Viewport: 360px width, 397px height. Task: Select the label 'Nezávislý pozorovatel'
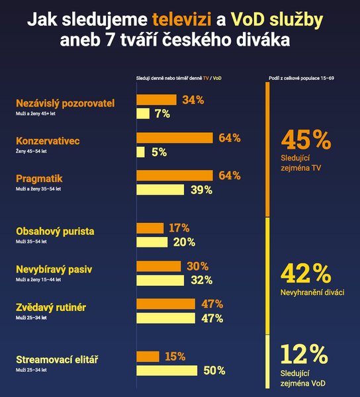click(65, 103)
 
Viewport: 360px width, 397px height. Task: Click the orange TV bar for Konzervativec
click(174, 138)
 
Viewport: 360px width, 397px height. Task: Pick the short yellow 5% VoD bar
click(140, 152)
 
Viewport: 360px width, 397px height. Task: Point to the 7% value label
click(163, 114)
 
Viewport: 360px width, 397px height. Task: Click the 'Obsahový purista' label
click(55, 232)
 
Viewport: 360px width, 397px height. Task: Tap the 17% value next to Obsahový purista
click(179, 228)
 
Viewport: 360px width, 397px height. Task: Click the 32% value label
click(200, 280)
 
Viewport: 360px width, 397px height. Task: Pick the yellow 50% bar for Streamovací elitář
click(167, 371)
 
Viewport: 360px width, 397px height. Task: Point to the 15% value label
click(175, 357)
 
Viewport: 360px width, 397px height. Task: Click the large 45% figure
click(305, 141)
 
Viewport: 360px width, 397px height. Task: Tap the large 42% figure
click(305, 274)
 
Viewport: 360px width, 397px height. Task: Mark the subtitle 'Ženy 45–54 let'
click(30, 152)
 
